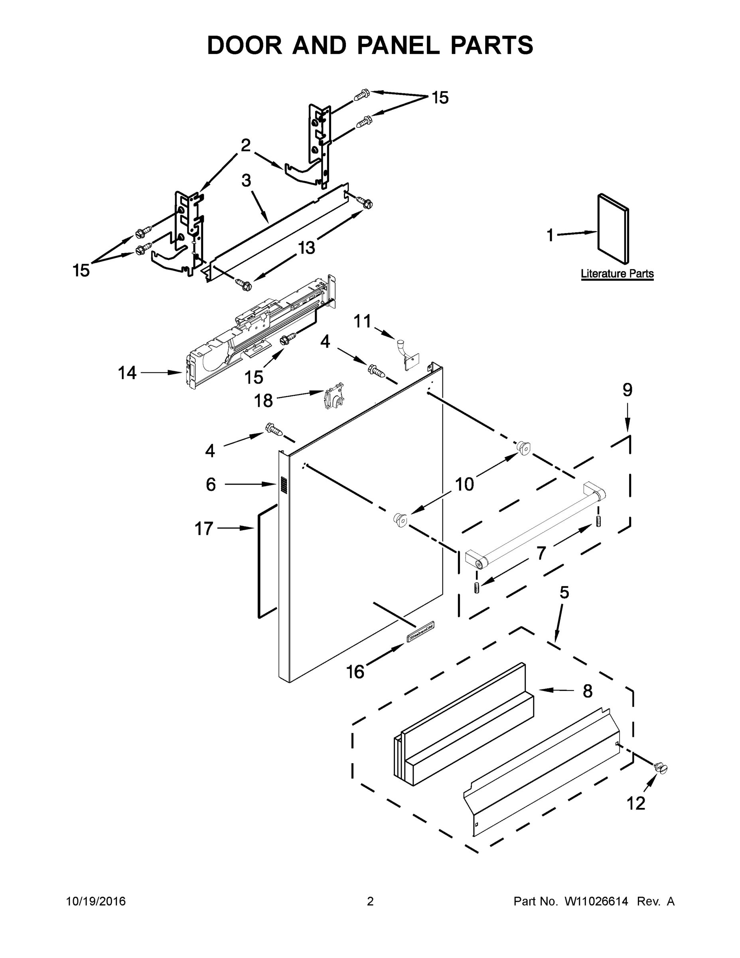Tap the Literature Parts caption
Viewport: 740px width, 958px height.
tap(617, 274)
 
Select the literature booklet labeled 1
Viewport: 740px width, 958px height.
tap(613, 230)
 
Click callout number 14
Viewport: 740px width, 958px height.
tap(127, 373)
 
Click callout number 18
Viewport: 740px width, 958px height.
tap(263, 400)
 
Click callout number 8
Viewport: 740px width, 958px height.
tap(588, 691)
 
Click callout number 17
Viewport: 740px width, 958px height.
tap(204, 529)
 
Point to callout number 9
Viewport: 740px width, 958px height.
tap(628, 390)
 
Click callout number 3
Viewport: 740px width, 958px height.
tap(246, 180)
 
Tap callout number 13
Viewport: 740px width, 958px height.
tap(306, 248)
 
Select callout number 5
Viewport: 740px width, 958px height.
tap(564, 593)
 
